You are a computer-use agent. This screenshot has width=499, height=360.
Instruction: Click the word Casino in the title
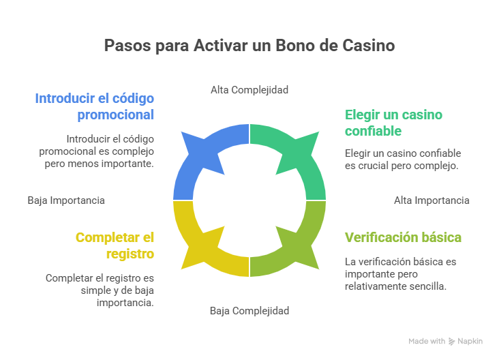pos(372,46)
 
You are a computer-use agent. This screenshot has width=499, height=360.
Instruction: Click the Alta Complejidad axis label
pos(249,89)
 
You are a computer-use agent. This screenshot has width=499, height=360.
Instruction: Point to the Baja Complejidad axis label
pos(249,310)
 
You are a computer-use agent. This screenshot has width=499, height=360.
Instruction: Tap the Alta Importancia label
pos(432,200)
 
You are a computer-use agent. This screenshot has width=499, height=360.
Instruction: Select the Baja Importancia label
pos(66,200)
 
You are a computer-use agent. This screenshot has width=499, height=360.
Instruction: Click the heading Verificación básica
pos(404,237)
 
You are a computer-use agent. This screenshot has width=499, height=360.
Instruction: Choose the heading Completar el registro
pos(115,245)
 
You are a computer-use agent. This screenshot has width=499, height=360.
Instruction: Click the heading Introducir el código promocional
pos(94,106)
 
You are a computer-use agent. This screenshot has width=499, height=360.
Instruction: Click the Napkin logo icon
pos(451,341)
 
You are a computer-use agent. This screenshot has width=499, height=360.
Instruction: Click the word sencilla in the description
pos(427,286)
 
